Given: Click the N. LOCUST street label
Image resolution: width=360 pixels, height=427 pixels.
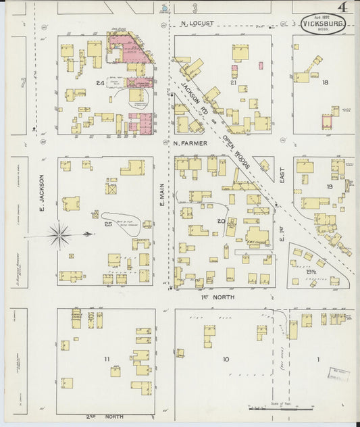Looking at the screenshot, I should coord(198,23).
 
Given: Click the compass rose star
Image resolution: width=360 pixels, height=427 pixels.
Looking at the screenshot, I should coord(60,235).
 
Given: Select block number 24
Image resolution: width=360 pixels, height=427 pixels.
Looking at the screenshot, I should coord(100,84).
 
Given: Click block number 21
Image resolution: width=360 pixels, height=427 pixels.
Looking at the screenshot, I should coord(233,82).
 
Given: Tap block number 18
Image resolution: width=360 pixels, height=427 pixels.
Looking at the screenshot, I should coord(325,82).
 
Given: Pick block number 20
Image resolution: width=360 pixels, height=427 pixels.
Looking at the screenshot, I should coord(221,221).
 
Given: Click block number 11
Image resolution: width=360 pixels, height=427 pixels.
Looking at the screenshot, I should coord(106,359).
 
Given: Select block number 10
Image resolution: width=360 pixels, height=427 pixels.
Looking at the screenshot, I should coord(226,359).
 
